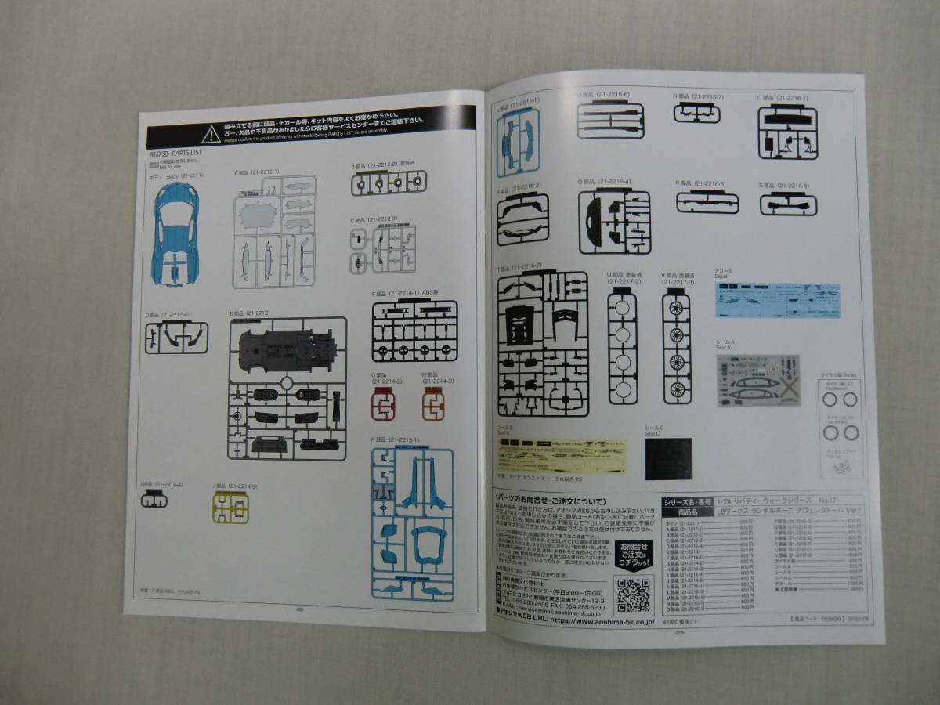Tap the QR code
click(633, 595)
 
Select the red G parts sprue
click(383, 404)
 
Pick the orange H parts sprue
click(433, 404)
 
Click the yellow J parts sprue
click(231, 508)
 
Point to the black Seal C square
click(668, 458)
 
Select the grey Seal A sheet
click(758, 381)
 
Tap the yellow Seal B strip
click(562, 456)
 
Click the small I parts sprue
click(154, 500)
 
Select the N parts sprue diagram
click(696, 113)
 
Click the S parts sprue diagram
click(788, 204)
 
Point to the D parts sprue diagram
click(176, 337)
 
